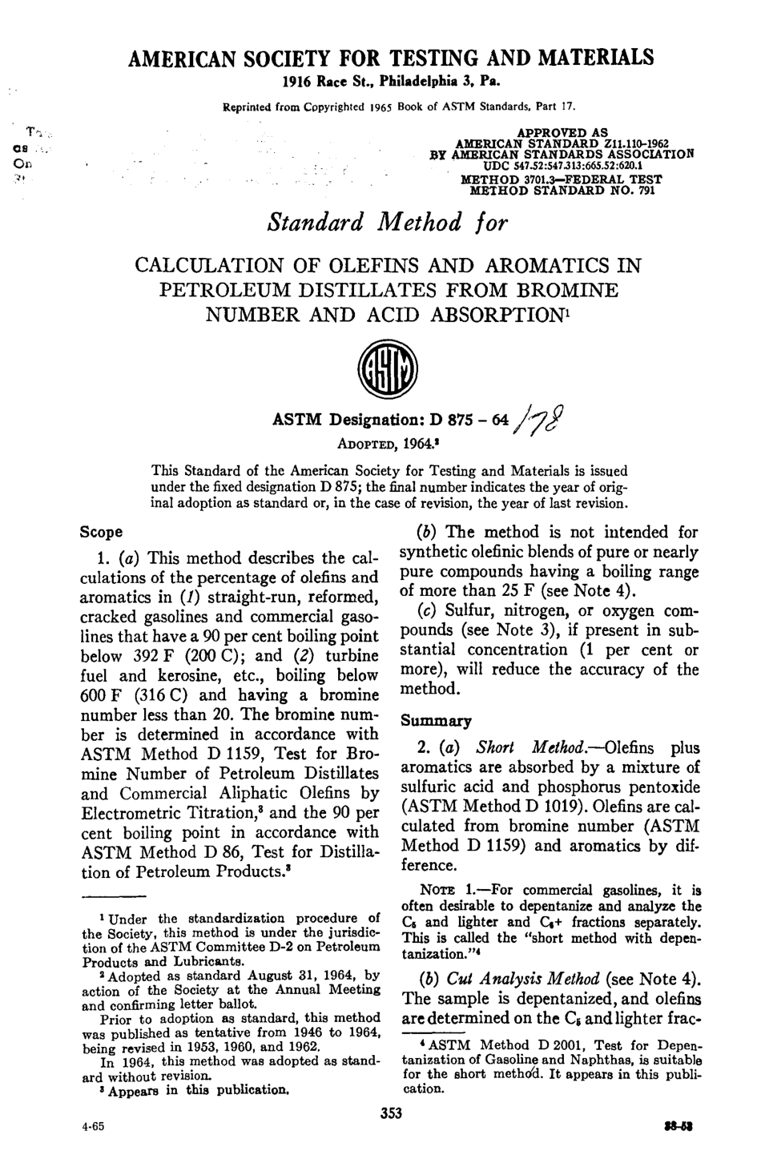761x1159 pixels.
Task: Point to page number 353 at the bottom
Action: (389, 1113)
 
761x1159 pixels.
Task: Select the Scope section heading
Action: (102, 532)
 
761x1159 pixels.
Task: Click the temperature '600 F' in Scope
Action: (102, 694)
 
